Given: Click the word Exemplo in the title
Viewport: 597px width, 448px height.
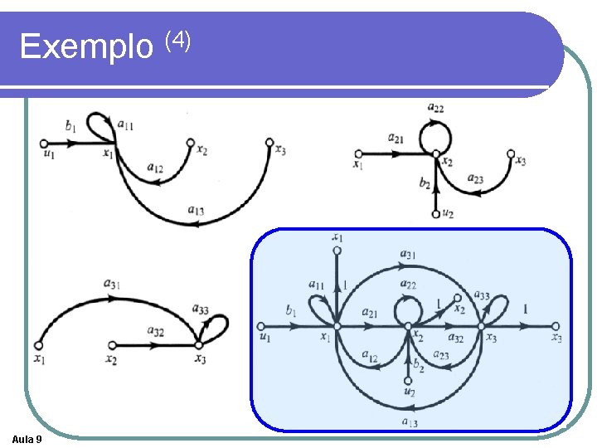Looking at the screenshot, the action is point(85,46).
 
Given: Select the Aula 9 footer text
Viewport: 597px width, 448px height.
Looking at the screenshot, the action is point(29,438).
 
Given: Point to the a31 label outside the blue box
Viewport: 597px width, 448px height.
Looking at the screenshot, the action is point(112,285).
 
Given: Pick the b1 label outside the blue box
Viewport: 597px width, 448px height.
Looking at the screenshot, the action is point(70,126).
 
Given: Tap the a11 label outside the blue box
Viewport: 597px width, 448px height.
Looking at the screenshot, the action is point(126,125).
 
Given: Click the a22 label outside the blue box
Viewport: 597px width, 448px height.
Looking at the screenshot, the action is point(435,107).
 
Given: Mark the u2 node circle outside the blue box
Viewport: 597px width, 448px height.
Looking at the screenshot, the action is point(436,214).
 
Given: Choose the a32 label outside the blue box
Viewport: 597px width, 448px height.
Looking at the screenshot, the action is point(155,330).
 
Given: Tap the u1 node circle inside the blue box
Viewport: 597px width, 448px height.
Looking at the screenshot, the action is point(262,326).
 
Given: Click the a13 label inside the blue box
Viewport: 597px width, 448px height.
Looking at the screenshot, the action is point(410,422).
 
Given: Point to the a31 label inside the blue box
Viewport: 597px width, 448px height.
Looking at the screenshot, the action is point(408,254).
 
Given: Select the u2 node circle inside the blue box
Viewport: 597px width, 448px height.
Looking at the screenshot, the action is point(408,380).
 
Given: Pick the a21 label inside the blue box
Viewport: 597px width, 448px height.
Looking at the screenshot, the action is point(371,313).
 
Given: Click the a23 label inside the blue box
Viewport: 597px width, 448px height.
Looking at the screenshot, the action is point(442,356).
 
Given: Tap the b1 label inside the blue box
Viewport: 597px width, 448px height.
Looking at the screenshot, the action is point(289,311).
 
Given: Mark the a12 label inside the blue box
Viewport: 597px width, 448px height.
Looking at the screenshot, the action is point(370,354).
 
